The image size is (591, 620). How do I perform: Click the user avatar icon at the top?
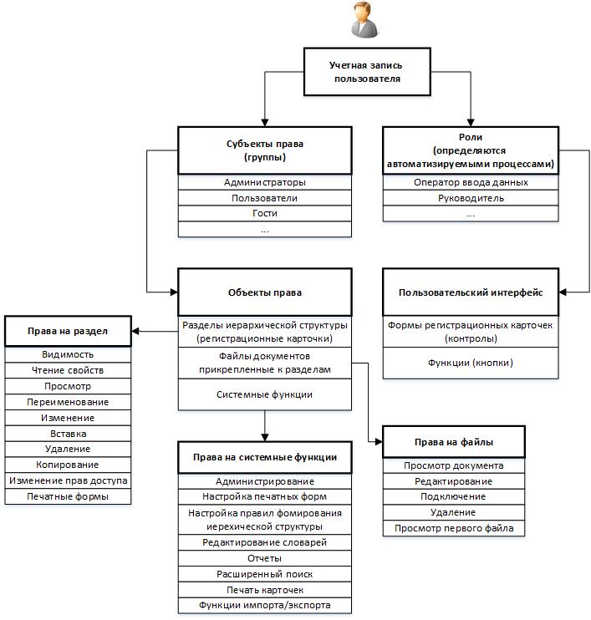tap(364, 20)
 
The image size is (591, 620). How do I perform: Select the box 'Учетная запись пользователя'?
tap(367, 72)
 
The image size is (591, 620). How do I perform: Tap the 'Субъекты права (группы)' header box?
tap(265, 150)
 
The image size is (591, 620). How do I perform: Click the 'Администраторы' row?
tap(265, 182)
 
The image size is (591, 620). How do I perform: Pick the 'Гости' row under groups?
tap(265, 214)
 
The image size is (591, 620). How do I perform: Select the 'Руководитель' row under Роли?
tap(471, 198)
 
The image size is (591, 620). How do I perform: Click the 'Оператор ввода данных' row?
tap(471, 182)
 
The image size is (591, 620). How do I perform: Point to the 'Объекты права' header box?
tap(265, 292)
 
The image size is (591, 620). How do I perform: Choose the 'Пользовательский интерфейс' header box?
tap(471, 292)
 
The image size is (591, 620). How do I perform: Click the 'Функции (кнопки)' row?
tap(471, 363)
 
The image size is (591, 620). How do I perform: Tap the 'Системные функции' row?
tap(265, 394)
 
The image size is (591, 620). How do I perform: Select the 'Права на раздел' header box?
tap(68, 331)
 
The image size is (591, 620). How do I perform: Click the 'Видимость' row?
tap(68, 354)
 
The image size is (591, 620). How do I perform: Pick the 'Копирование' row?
tap(68, 465)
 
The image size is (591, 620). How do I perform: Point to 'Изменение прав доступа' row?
tap(68, 480)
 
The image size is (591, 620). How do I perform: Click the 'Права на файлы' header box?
tap(454, 442)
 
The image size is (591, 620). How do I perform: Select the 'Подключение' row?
tap(454, 496)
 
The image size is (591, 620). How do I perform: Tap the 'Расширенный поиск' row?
tap(265, 574)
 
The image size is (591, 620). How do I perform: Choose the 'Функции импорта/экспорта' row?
tap(265, 605)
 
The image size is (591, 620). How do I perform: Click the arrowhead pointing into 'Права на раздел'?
tap(135, 331)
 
